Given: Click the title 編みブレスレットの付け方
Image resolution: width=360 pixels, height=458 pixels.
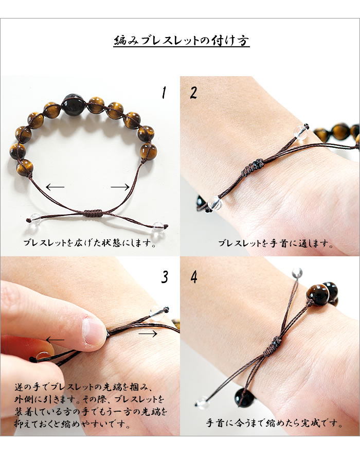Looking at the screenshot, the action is pyautogui.click(x=182, y=41).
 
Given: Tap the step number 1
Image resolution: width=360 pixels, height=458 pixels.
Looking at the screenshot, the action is pyautogui.click(x=164, y=93).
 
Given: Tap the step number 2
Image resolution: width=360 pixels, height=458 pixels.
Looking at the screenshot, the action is pyautogui.click(x=193, y=93).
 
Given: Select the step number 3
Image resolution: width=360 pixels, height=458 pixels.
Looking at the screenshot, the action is pyautogui.click(x=165, y=277).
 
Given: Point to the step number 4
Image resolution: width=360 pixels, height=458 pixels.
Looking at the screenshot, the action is pyautogui.click(x=193, y=277).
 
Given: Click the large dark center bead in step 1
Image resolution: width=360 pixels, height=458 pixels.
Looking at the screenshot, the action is pyautogui.click(x=73, y=105).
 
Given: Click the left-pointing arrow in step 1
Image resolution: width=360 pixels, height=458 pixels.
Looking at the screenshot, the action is pyautogui.click(x=55, y=187).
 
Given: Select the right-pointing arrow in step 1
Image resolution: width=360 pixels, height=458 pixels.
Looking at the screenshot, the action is pyautogui.click(x=120, y=187).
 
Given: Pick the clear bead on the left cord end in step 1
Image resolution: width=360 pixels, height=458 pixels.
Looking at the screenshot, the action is pyautogui.click(x=34, y=218).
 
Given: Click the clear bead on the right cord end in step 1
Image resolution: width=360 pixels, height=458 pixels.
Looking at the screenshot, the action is pyautogui.click(x=158, y=226).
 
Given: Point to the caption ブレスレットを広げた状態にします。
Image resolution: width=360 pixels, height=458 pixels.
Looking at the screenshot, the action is pyautogui.click(x=89, y=243).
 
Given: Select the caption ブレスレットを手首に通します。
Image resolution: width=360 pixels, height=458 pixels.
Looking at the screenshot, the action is pyautogui.click(x=276, y=243).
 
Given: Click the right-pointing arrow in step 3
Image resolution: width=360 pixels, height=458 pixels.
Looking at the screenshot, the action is pyautogui.click(x=148, y=333).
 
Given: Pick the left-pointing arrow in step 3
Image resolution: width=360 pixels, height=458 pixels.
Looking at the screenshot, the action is pyautogui.click(x=55, y=340).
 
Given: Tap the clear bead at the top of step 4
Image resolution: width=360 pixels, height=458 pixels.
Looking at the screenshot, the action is pyautogui.click(x=297, y=273).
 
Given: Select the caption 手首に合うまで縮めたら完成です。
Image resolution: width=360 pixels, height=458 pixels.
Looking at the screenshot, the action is pyautogui.click(x=274, y=423).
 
